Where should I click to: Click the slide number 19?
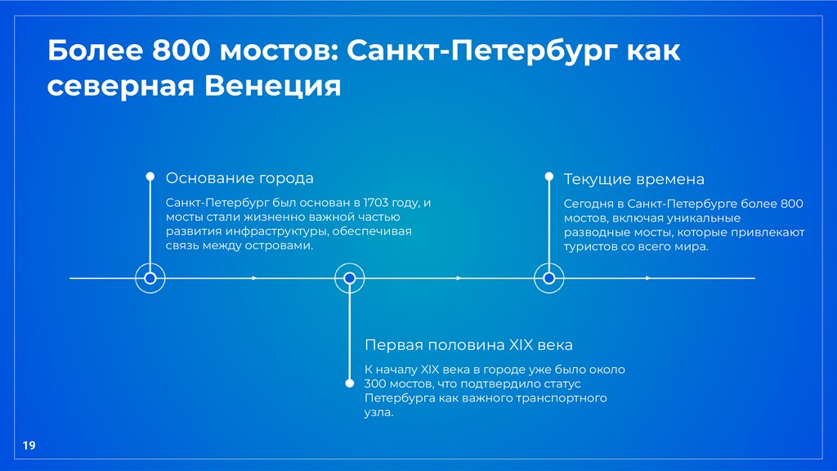coord(29,446)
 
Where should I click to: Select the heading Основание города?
coord(239,178)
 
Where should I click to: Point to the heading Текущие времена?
coord(633,179)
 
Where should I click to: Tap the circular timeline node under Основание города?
coord(150,279)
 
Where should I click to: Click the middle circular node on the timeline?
coord(350,279)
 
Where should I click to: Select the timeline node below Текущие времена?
coord(549,279)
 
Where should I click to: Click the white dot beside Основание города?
coord(150,176)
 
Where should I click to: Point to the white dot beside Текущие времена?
coord(549,176)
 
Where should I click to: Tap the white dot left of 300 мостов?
coord(350,382)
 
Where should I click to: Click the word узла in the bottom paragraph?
coord(378,413)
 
